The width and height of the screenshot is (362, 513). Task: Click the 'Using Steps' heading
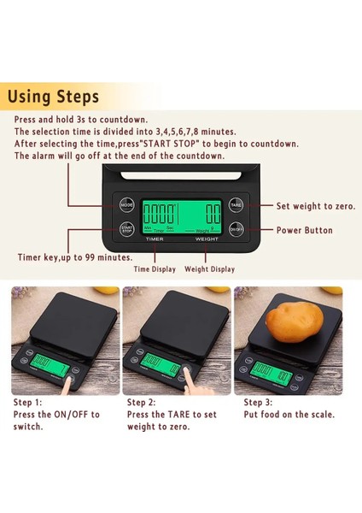click(53, 96)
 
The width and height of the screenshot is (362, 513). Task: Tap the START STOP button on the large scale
click(126, 229)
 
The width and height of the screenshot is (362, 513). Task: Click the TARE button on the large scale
click(236, 206)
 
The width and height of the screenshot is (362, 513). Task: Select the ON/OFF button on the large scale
click(236, 229)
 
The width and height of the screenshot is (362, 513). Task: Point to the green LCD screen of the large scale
click(181, 216)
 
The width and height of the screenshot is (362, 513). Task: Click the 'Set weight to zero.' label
click(315, 206)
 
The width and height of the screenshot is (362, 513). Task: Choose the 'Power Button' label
click(304, 230)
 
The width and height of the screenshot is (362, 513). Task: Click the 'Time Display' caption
click(155, 269)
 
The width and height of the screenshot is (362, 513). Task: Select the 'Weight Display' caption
click(209, 269)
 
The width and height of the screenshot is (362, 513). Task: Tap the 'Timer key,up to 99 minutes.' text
click(75, 256)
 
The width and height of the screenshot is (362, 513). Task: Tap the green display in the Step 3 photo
click(272, 369)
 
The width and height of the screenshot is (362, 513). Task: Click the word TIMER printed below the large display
click(155, 239)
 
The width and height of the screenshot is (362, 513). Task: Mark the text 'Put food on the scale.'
click(289, 415)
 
